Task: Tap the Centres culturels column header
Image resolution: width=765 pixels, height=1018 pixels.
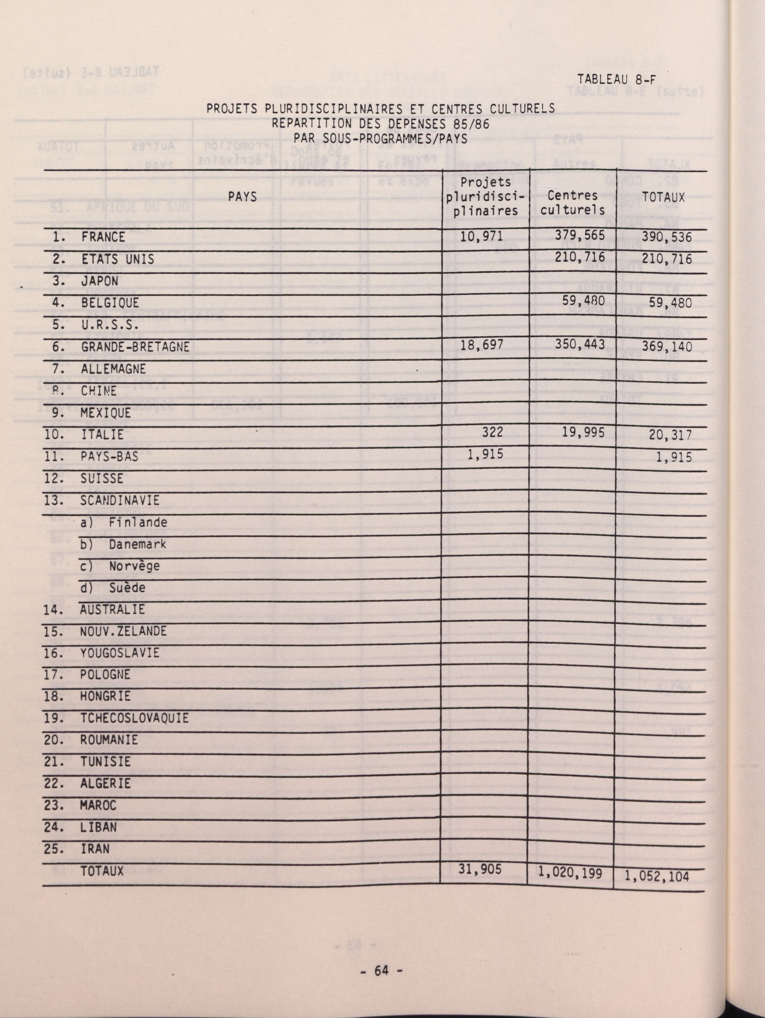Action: point(573,203)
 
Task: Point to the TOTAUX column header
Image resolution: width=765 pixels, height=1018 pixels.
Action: point(663,198)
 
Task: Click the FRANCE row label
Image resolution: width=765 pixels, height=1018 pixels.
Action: point(103,237)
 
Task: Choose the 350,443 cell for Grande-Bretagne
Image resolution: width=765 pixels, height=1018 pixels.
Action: point(579,344)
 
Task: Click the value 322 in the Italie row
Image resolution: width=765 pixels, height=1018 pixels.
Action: point(493,431)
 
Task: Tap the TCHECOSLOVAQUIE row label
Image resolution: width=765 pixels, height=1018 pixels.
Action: point(134,718)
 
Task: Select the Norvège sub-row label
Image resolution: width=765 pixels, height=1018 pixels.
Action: point(134,565)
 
